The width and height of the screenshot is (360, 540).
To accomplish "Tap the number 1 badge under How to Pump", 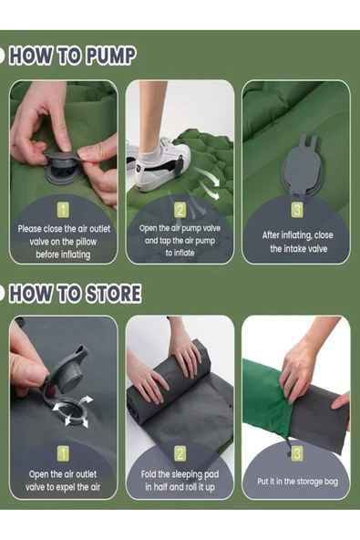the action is [x=63, y=210].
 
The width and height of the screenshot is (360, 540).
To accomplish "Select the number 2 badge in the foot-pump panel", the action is [x=180, y=210].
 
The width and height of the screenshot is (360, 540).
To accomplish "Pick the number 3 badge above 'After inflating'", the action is [x=297, y=210].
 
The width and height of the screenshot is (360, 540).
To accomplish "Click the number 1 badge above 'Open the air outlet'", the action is [x=63, y=453].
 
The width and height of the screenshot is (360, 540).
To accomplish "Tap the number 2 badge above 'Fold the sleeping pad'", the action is [x=180, y=453].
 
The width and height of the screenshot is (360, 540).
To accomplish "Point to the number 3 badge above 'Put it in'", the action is [x=297, y=453].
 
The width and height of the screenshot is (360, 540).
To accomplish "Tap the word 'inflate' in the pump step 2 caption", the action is [x=185, y=253].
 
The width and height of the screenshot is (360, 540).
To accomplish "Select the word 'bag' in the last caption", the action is [x=331, y=482].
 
